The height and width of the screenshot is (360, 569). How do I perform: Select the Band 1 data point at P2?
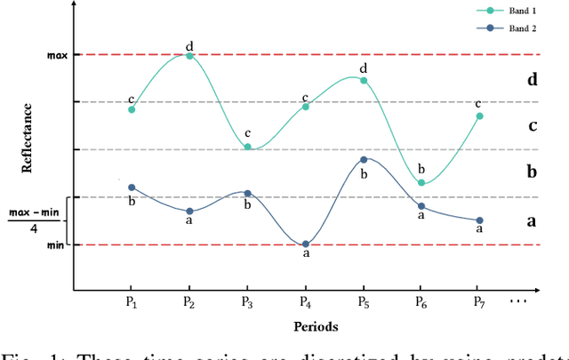[189, 55]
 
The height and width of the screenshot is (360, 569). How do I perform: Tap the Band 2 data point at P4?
[306, 244]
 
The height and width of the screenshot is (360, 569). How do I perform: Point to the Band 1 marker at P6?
[421, 183]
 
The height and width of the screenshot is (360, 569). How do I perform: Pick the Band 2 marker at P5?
[364, 160]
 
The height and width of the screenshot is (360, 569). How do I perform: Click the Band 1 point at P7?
[479, 116]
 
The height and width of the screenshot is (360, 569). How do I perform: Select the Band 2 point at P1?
[132, 188]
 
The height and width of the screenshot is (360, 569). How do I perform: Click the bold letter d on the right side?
[533, 80]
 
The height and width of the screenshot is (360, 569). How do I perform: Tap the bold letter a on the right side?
[533, 220]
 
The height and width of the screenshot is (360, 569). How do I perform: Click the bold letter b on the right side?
[533, 172]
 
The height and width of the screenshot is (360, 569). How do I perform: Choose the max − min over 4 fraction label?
[33, 220]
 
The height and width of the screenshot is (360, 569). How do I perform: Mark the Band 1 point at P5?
[364, 81]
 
